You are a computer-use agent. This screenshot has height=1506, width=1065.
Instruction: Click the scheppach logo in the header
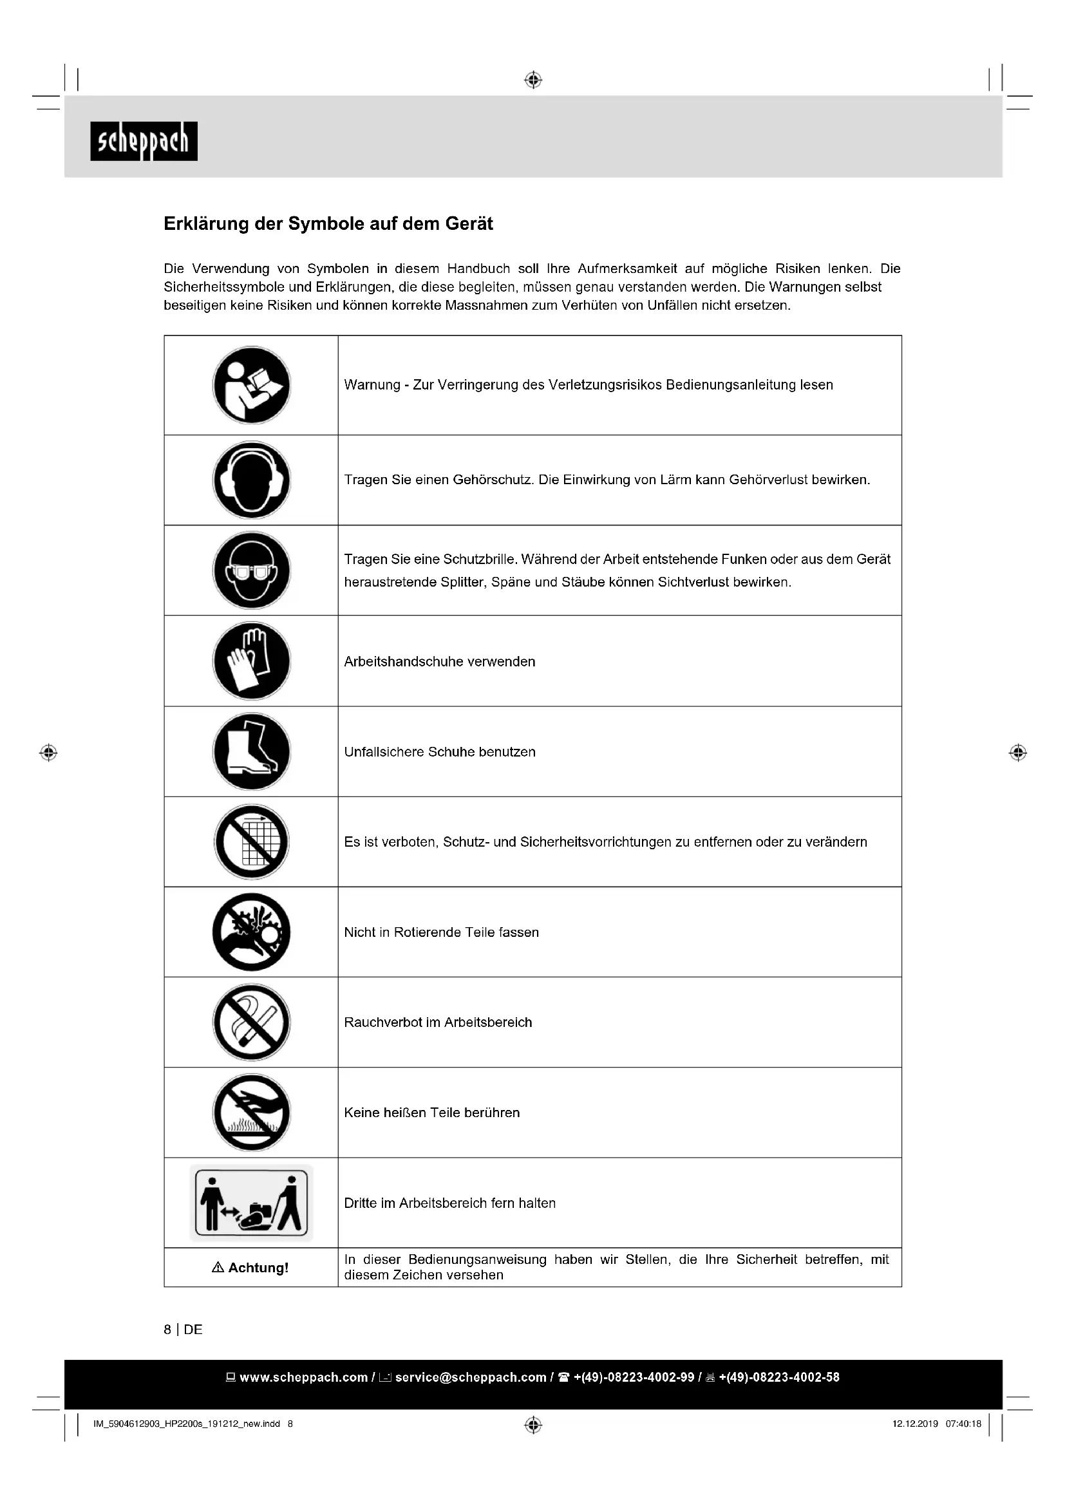click(144, 141)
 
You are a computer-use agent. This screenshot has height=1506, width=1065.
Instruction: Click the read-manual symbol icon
click(251, 385)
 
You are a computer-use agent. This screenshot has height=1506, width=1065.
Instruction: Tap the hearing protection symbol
click(251, 480)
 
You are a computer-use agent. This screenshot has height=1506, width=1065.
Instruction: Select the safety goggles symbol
click(251, 570)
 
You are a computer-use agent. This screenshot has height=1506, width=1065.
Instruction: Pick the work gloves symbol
click(251, 661)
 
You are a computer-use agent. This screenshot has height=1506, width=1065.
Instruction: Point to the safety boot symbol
click(251, 751)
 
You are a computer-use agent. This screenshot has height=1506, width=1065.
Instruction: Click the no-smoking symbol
click(251, 1022)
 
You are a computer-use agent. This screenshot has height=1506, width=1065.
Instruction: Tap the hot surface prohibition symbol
click(251, 1113)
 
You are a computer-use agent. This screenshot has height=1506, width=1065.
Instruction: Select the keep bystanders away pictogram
click(251, 1202)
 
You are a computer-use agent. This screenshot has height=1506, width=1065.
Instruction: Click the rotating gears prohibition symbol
click(251, 932)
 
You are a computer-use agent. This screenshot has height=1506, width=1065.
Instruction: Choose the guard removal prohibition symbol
click(251, 842)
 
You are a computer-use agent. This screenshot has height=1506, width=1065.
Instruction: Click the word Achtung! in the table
click(258, 1267)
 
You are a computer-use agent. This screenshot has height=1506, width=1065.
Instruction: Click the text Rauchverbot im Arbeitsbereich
click(438, 1022)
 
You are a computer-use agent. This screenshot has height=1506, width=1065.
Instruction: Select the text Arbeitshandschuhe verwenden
click(439, 661)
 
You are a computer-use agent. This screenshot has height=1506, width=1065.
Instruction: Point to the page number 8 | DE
click(183, 1330)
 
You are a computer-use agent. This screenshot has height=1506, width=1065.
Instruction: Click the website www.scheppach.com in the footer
click(303, 1377)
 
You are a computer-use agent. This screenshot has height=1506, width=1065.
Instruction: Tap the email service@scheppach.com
click(470, 1377)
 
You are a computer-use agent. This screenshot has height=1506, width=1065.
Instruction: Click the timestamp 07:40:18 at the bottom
click(963, 1424)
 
